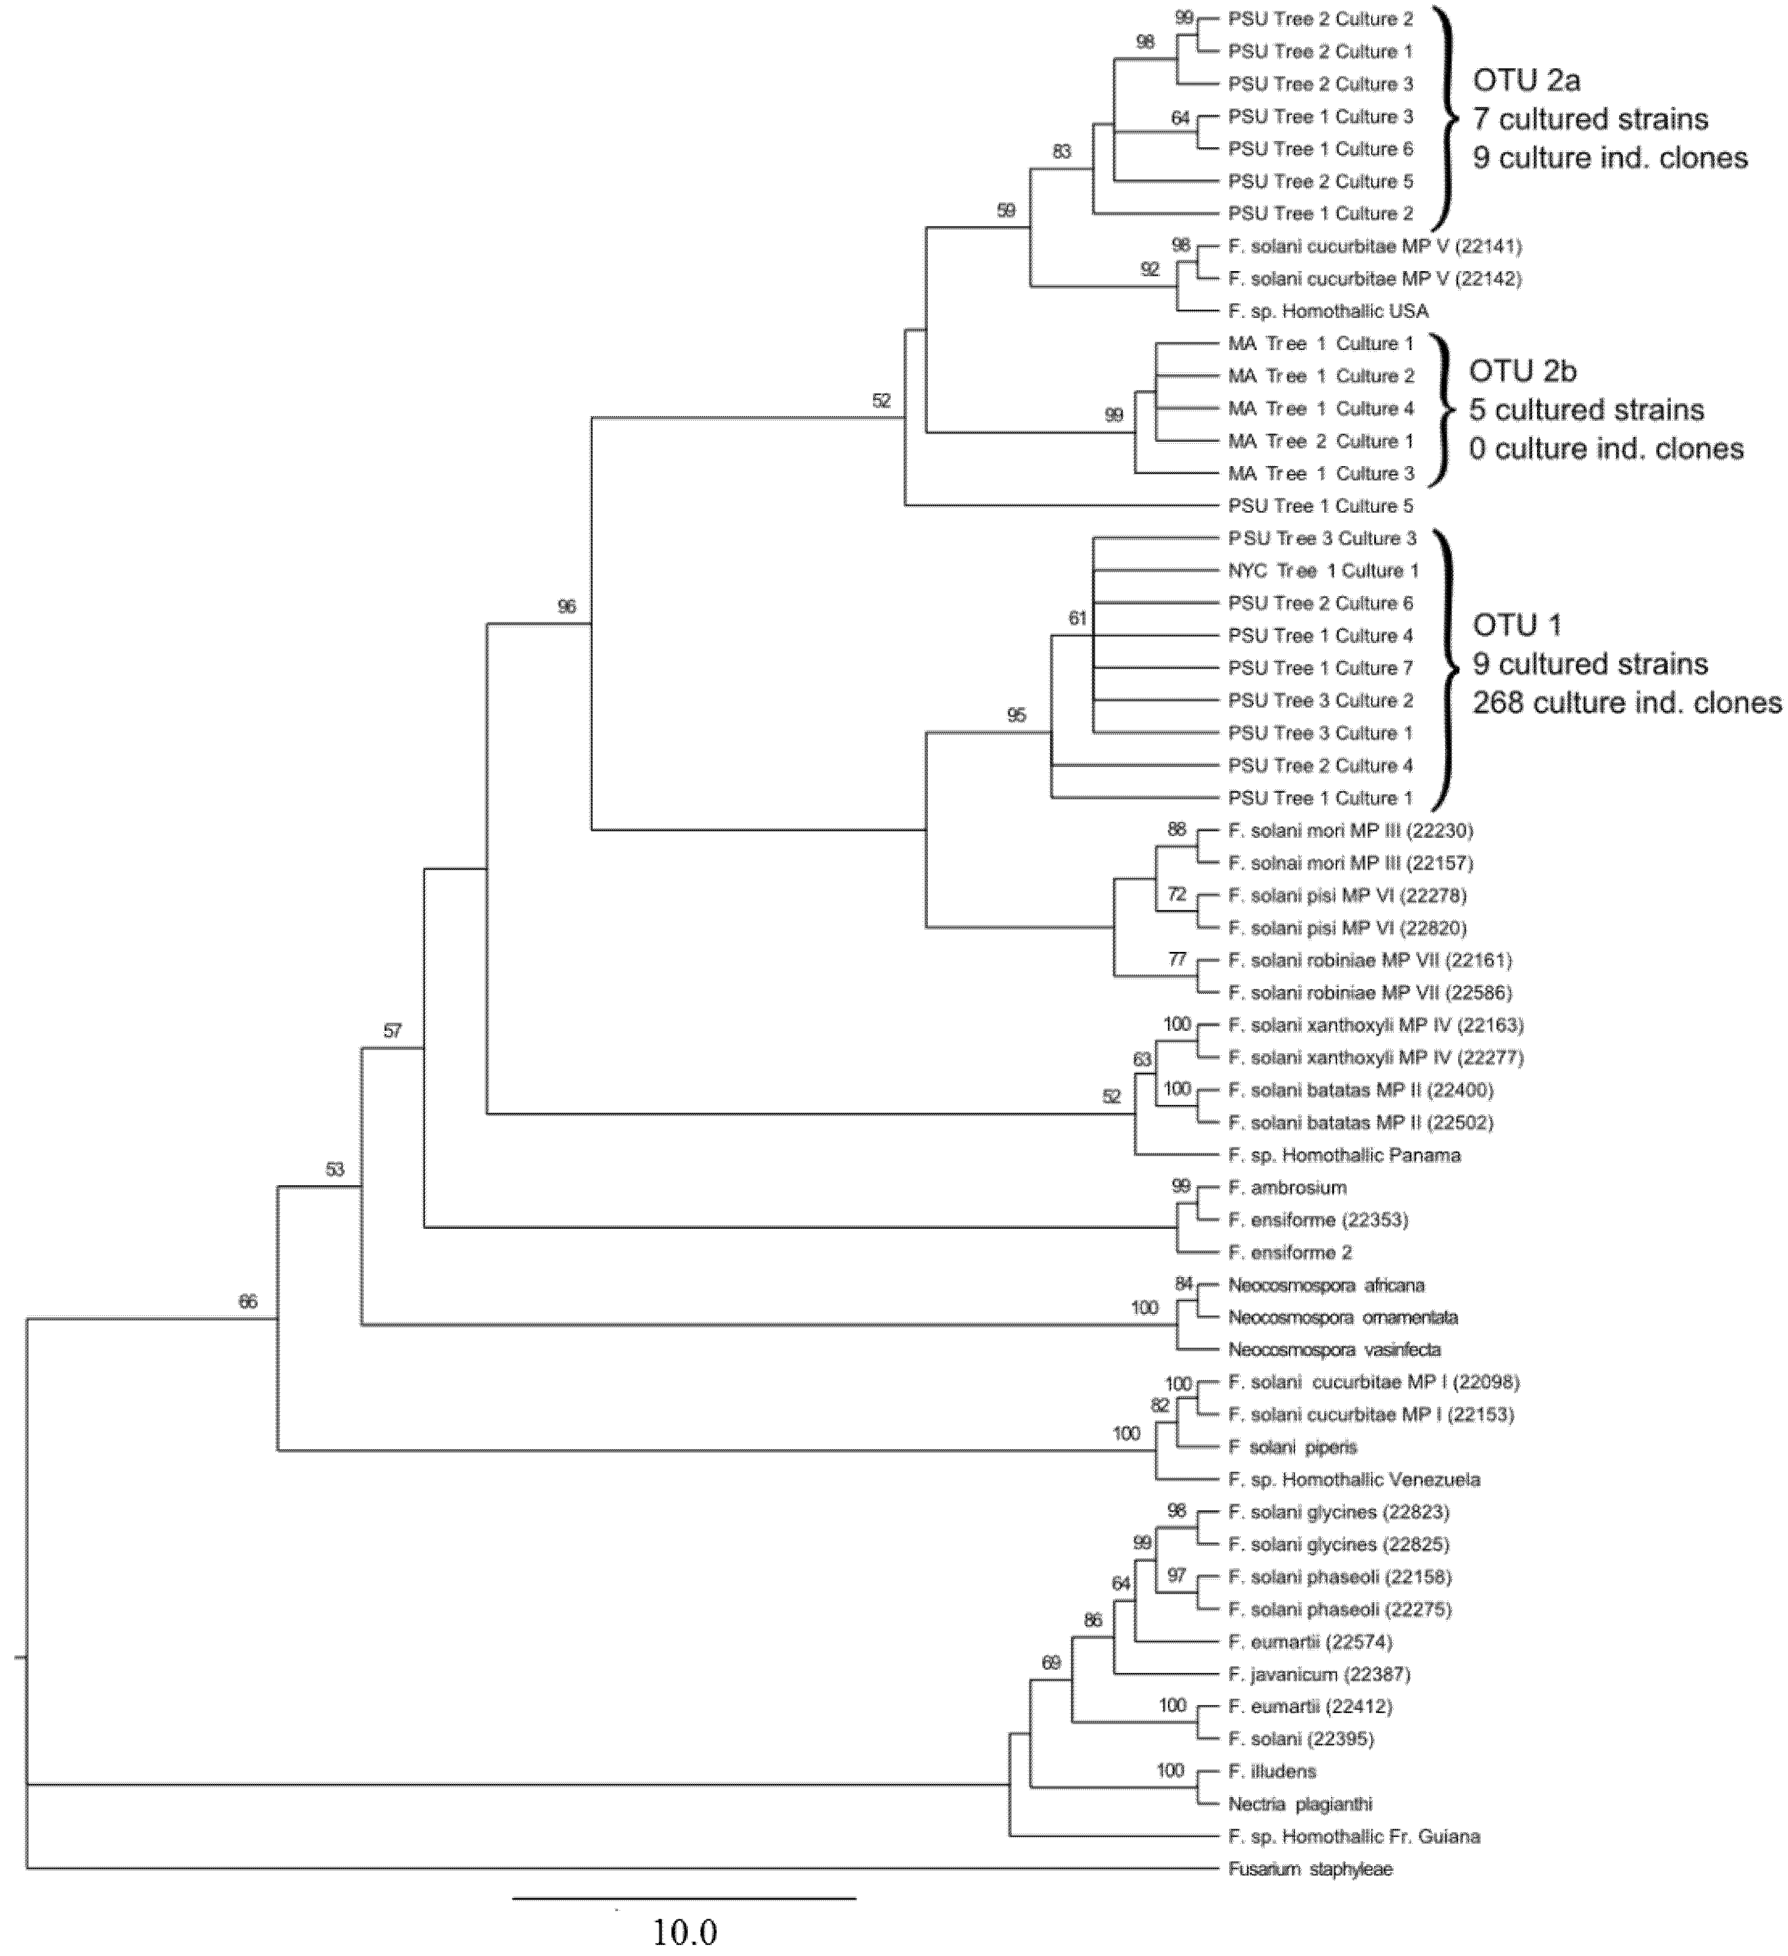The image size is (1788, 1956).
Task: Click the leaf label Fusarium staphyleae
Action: coord(1310,1869)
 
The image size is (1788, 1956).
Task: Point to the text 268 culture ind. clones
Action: coord(1627,702)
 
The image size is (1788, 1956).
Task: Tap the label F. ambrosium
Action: coord(1286,1188)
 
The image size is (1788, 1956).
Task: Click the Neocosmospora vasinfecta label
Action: coord(1334,1350)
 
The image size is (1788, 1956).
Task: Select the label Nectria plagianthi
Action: coord(1300,1803)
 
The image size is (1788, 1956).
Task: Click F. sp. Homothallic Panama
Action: coord(1344,1155)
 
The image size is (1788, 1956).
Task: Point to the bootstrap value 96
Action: coord(567,606)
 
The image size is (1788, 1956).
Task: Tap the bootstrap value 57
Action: coord(392,1030)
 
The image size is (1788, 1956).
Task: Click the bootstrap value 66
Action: coord(249,1301)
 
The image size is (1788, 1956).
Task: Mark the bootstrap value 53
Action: coord(335,1169)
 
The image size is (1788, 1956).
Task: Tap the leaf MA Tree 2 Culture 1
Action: coord(1320,440)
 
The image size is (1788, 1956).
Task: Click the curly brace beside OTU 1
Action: coord(1448,669)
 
